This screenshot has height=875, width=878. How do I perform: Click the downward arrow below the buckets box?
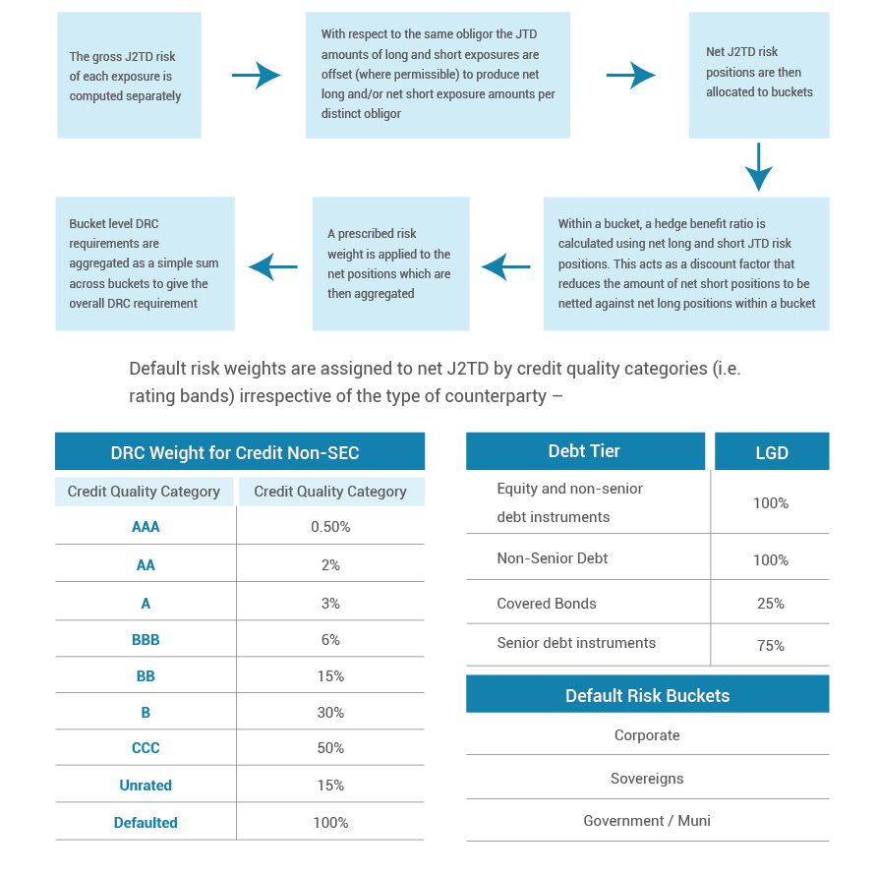click(x=759, y=167)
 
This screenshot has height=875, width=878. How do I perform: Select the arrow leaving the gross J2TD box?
click(x=257, y=75)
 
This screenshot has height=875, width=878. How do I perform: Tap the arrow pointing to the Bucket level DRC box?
click(x=272, y=267)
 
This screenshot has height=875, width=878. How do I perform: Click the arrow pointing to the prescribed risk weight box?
click(x=505, y=267)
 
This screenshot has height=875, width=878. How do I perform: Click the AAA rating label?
click(x=146, y=527)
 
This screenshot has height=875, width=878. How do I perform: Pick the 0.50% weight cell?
click(x=330, y=527)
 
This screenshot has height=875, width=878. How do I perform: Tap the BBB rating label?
click(x=146, y=640)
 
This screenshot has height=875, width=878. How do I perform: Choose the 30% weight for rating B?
click(x=330, y=713)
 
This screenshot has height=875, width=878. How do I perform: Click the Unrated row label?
click(x=146, y=786)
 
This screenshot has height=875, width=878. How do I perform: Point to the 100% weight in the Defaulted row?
click(x=330, y=822)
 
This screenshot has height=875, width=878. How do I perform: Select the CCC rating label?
click(x=146, y=748)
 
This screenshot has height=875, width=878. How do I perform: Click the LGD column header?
click(x=772, y=451)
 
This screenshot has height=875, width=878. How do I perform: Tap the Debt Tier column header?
click(x=585, y=451)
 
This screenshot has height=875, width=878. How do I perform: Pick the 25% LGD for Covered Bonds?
click(x=771, y=604)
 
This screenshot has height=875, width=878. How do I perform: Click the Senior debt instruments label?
click(x=576, y=643)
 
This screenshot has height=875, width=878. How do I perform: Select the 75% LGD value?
click(x=771, y=646)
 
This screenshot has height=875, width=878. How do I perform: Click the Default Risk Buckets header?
click(x=648, y=694)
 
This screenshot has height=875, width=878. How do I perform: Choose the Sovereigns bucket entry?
click(x=647, y=779)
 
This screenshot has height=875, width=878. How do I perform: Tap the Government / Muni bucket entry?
click(x=647, y=821)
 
